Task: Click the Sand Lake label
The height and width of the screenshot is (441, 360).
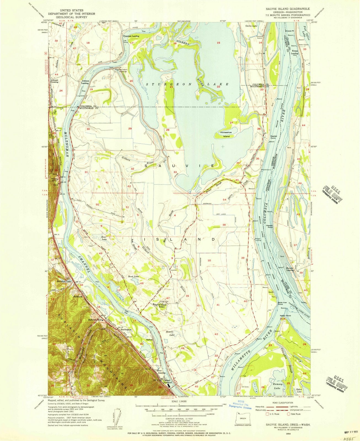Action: click(x=133, y=276)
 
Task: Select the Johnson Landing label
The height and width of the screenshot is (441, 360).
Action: click(x=85, y=82)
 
